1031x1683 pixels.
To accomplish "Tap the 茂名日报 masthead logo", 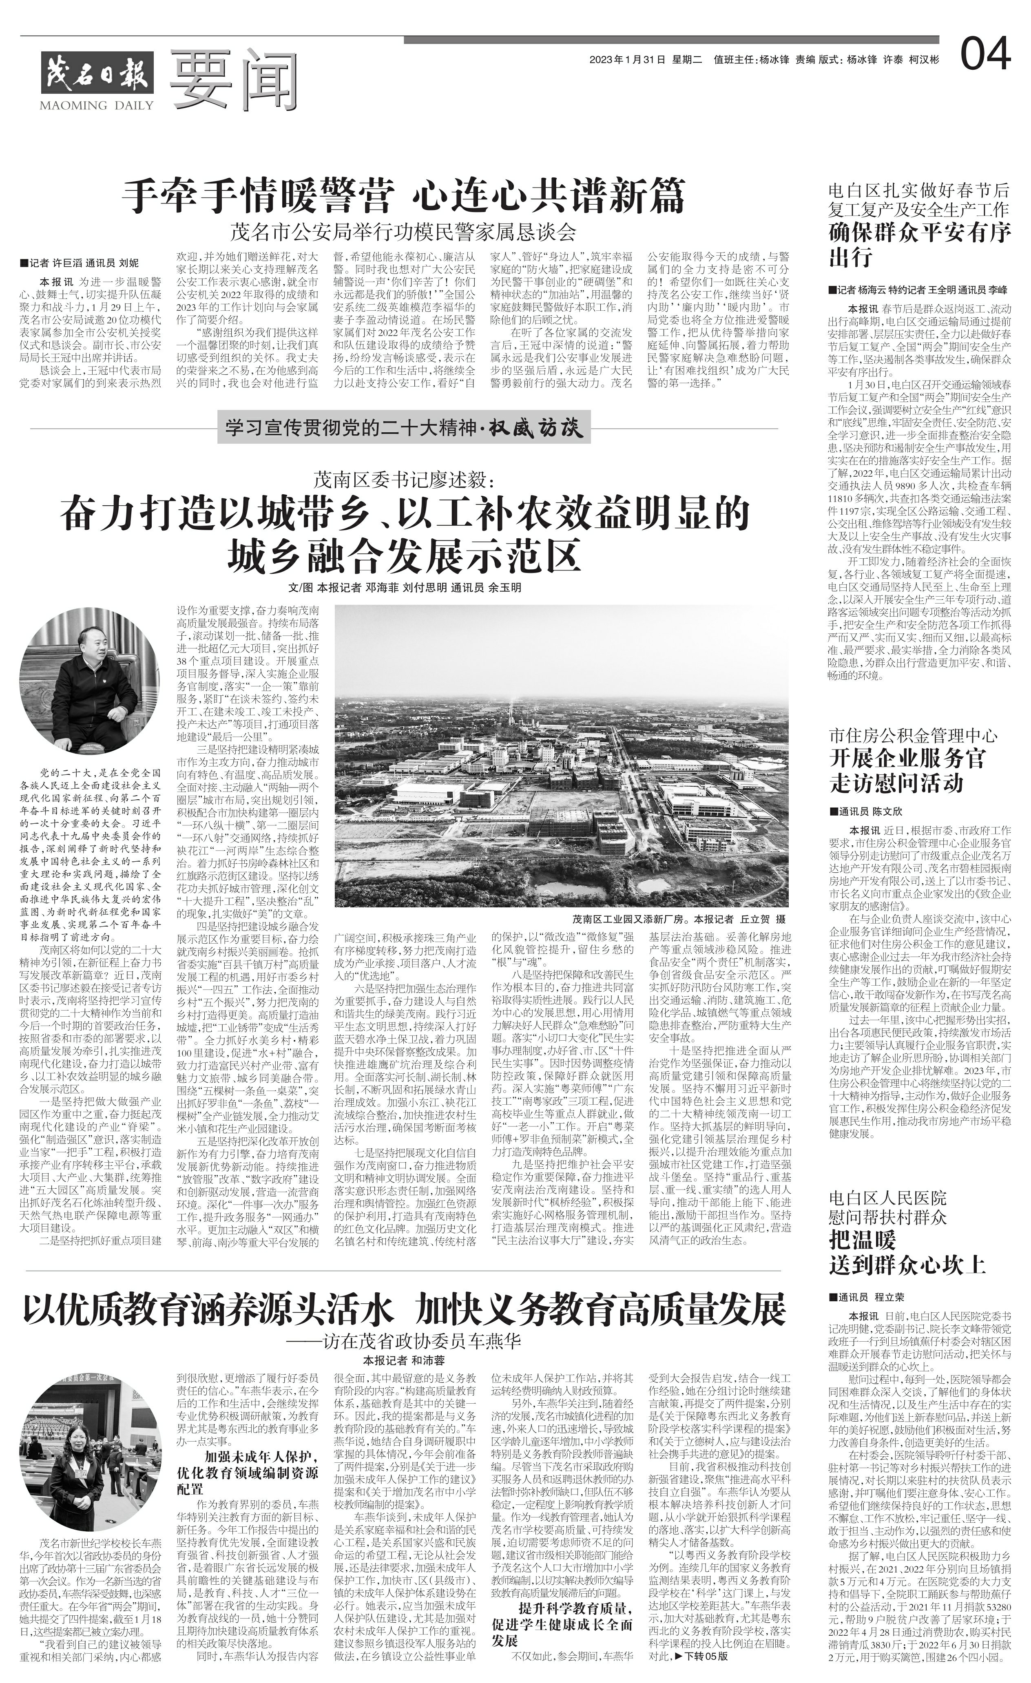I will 96,72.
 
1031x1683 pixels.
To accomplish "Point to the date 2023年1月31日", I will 627,60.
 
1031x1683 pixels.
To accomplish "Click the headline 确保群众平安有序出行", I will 919,245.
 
